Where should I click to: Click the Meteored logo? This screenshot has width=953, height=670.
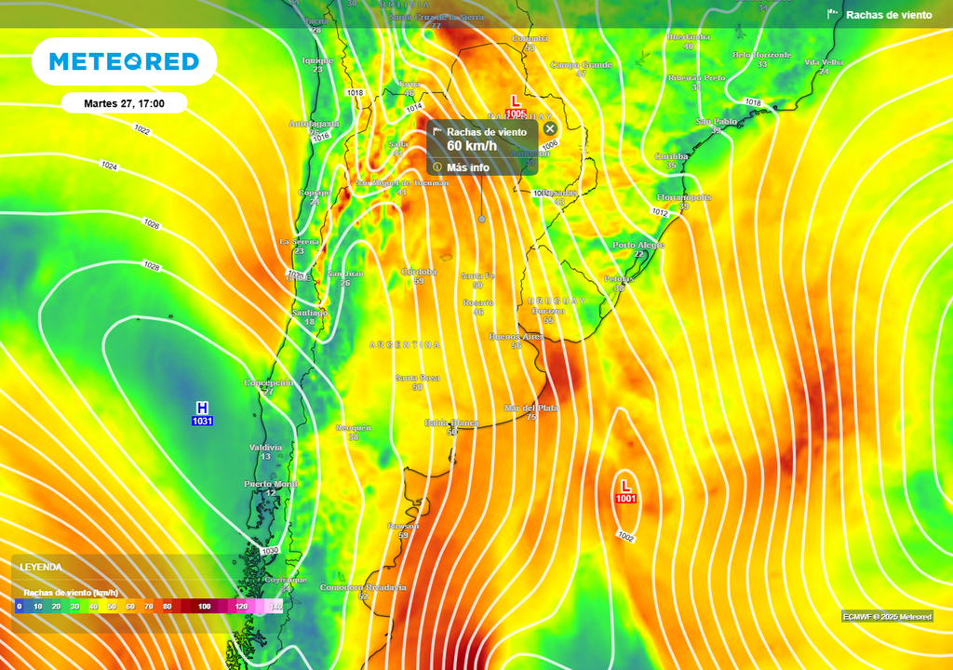(124, 61)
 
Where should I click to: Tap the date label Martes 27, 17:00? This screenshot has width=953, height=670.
(124, 103)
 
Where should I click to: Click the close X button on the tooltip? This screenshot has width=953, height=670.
(550, 128)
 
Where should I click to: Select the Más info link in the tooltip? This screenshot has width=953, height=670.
(467, 167)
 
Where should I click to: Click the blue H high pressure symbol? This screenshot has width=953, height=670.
(202, 408)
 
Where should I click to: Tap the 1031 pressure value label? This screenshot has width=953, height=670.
(202, 422)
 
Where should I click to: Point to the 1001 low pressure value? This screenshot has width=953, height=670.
(625, 499)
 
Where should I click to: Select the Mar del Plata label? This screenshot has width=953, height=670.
(531, 408)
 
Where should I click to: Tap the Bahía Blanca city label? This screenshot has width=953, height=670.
(451, 422)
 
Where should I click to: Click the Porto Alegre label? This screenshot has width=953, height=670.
(638, 245)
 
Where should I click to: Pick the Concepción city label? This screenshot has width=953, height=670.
(268, 382)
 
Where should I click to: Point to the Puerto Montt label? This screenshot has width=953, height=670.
(271, 484)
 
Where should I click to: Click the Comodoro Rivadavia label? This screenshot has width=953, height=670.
(363, 587)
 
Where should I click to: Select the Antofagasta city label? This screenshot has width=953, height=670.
(314, 123)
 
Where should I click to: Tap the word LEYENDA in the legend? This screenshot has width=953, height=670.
(42, 567)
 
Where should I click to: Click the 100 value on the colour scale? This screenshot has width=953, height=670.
(204, 607)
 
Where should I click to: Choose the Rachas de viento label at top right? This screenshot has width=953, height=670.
(888, 15)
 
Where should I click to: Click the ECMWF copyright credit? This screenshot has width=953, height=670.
(887, 616)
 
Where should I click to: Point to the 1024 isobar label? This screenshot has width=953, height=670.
(109, 166)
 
